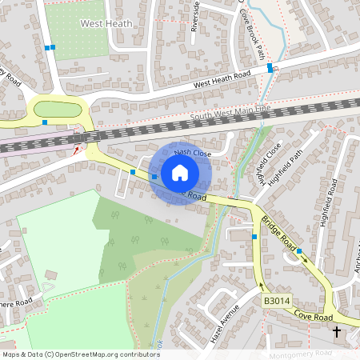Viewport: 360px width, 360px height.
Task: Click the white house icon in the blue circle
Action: tap(180, 173)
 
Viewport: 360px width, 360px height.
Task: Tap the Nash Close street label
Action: tap(192, 152)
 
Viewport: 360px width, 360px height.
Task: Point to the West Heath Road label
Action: tap(222, 78)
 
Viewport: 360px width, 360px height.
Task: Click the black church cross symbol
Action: tap(336, 330)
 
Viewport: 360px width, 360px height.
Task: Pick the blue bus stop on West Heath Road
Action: tap(270, 67)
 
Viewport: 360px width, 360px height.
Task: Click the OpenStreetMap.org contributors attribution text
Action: tap(103, 354)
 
